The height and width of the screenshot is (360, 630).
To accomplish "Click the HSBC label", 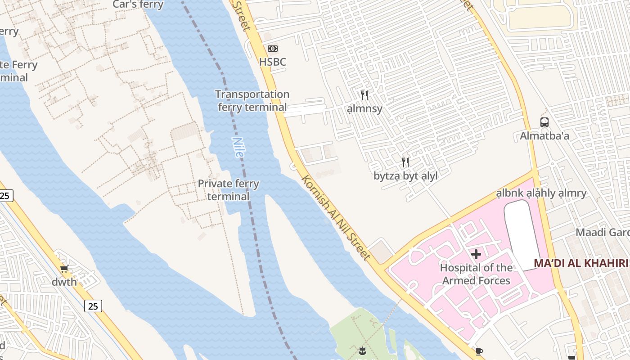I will [x=272, y=62].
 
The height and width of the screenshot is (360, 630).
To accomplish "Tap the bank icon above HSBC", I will [x=273, y=49].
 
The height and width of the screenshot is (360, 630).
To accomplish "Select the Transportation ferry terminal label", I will [x=252, y=101].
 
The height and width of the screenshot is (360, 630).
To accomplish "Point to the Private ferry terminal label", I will [x=229, y=190].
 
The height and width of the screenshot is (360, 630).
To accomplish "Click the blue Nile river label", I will [x=238, y=147].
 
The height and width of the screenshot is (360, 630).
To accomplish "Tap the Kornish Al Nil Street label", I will [x=336, y=217].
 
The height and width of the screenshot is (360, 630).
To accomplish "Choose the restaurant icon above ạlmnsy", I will [x=364, y=95].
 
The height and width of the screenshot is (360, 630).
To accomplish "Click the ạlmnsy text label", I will [x=364, y=108].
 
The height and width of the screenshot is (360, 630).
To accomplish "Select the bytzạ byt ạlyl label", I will [x=405, y=176].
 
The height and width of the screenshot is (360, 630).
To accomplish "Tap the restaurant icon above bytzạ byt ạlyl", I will [x=405, y=162].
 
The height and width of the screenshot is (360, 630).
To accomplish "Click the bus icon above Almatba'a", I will [x=544, y=122].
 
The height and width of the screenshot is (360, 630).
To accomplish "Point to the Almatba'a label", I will [x=544, y=136].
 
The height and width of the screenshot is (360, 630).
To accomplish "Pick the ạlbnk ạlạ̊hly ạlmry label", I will [x=541, y=193].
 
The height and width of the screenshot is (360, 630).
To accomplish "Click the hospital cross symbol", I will [x=476, y=254].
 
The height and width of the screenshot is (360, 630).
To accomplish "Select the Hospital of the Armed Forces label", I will [x=476, y=274].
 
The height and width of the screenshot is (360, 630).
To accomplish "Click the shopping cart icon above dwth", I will [x=64, y=269].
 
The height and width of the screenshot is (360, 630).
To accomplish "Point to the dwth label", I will [x=64, y=282].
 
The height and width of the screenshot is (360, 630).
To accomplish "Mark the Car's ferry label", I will [x=138, y=4].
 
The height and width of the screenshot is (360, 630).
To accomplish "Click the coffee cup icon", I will [x=479, y=351].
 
